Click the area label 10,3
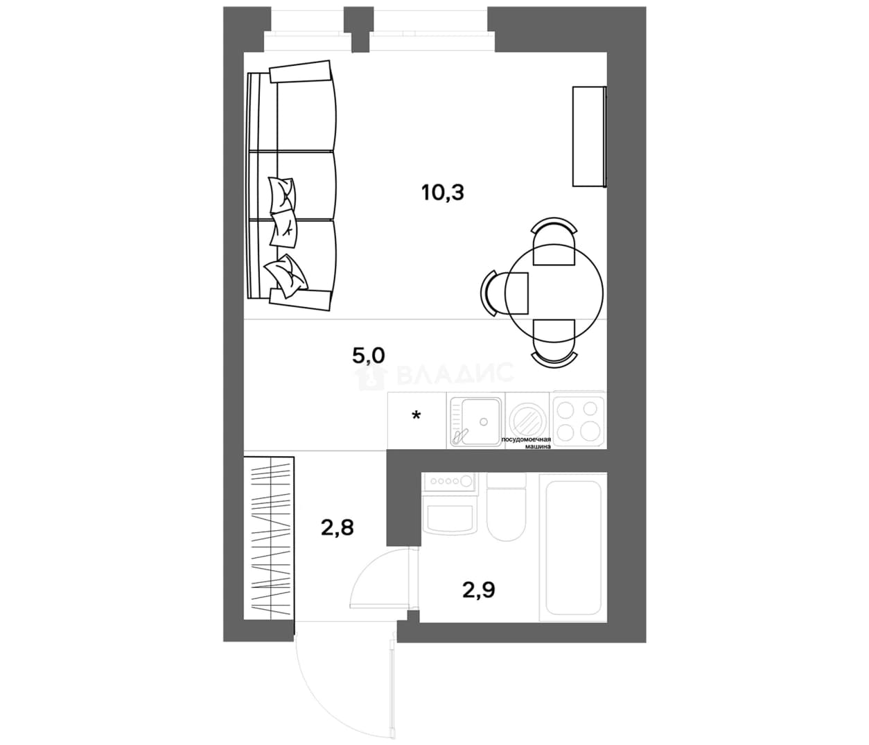pyautogui.click(x=443, y=193)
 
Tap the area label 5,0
pyautogui.click(x=369, y=356)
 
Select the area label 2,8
pyautogui.click(x=337, y=527)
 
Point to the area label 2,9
pyautogui.click(x=478, y=590)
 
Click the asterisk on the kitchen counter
pyautogui.click(x=416, y=416)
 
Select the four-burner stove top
pyautogui.click(x=578, y=420)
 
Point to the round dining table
pyautogui.click(x=554, y=293)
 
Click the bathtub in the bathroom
pyautogui.click(x=573, y=547)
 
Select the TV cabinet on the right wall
pyautogui.click(x=590, y=137)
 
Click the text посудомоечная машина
pyautogui.click(x=526, y=444)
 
